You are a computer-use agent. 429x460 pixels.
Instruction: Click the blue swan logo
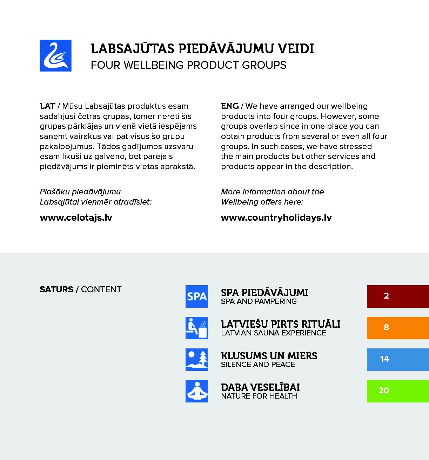pos(55,55)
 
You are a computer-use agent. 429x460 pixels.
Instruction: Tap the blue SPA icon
pos(196,296)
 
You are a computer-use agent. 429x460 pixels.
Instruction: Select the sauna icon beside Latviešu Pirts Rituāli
pos(196,328)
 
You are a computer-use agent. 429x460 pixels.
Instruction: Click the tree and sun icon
pos(196,360)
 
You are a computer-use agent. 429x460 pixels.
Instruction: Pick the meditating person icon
pos(196,391)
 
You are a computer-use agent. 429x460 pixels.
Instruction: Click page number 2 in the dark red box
pos(386,296)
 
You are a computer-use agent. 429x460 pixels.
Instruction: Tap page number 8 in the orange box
pos(386,328)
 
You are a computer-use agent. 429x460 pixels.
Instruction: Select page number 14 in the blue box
pos(385,359)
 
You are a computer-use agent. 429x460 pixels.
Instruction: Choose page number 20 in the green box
pos(384,391)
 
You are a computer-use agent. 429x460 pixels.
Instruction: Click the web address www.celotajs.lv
pos(76,218)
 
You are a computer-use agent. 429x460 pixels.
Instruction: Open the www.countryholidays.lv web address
pos(276,218)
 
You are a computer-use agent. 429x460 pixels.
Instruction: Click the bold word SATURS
pos(56,289)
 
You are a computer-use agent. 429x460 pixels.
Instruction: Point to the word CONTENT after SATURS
pos(101,289)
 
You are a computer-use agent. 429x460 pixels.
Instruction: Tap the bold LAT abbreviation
pos(47,106)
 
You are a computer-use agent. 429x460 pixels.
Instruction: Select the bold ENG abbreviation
pos(230,106)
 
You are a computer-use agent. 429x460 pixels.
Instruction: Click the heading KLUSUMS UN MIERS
pos(269,356)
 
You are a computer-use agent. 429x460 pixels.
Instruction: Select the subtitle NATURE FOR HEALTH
pos(259,396)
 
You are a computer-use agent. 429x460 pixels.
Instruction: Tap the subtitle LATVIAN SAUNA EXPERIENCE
pos(274,333)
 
